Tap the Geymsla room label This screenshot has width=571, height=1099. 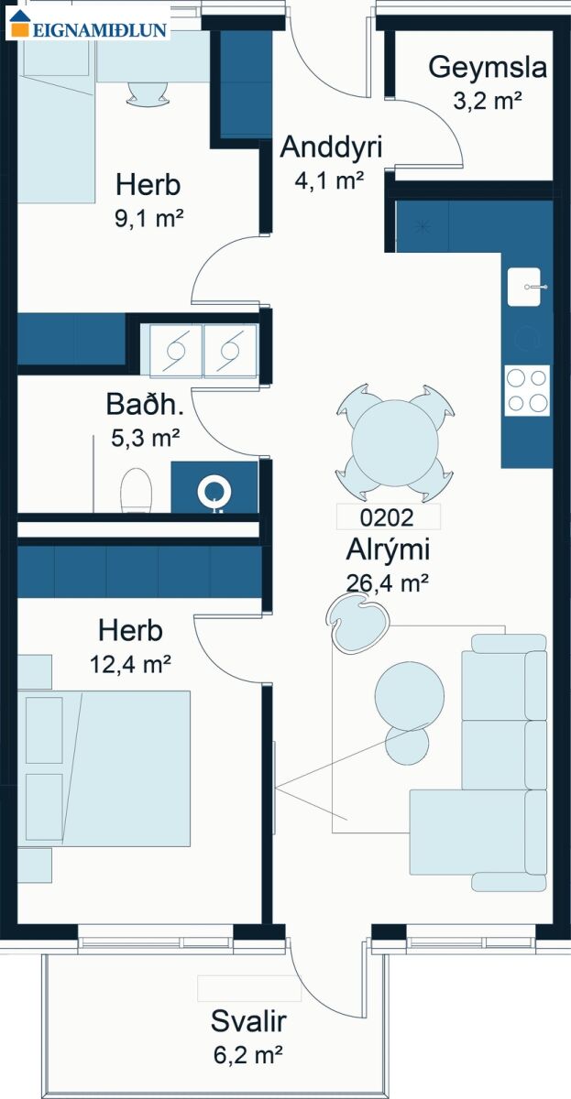coord(488,67)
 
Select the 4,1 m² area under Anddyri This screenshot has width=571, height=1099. coord(329,180)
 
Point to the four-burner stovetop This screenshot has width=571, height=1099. coord(527,391)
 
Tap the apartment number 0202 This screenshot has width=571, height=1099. coord(387,517)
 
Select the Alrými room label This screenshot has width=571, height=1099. coord(388,549)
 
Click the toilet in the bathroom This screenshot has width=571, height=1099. coord(136,491)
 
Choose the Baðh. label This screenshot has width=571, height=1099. coord(145,405)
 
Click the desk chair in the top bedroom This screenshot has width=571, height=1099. coord(148,93)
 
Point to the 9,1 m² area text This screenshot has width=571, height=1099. coord(148,218)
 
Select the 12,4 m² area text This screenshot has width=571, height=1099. coord(130,665)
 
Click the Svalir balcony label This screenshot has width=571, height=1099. coord(248,1021)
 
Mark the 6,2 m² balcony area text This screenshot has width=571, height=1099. coord(248,1054)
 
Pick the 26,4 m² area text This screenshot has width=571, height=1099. coord(388,583)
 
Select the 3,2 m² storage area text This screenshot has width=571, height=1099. coord(487,101)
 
